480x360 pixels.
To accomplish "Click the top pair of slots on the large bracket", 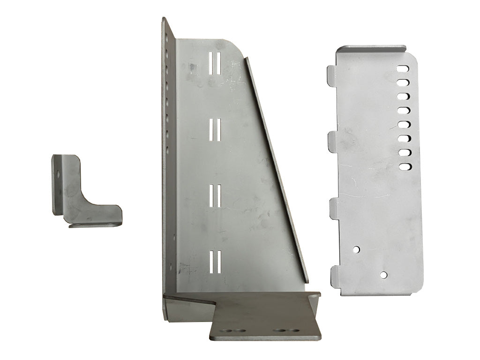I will click(x=215, y=62).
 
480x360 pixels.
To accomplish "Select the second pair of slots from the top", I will click(x=215, y=129).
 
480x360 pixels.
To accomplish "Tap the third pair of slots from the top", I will click(x=215, y=196).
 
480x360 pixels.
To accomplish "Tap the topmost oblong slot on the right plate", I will click(x=403, y=69).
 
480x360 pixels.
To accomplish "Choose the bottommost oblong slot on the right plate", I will click(x=403, y=166).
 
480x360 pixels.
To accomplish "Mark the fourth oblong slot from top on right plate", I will click(x=403, y=111).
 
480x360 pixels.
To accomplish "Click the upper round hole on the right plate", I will click(x=357, y=249).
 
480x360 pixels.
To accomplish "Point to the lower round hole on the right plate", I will click(x=384, y=275).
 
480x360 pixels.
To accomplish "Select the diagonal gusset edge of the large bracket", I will click(x=277, y=169).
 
